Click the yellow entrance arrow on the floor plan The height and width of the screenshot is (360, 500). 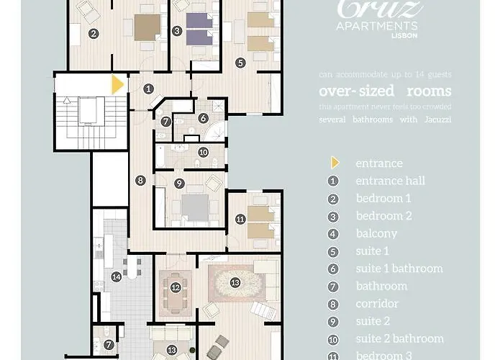coord(117,86)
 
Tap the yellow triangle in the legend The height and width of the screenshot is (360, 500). coord(335,163)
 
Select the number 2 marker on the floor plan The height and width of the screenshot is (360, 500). coord(93,33)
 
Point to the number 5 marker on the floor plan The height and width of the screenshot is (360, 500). coord(240,63)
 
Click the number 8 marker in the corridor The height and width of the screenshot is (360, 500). coord(140,180)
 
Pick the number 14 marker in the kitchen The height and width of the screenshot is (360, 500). coord(116,276)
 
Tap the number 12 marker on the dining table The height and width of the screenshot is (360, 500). coord(176,287)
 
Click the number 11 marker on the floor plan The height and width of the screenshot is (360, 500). coord(240,218)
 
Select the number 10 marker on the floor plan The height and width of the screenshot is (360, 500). coord(203,152)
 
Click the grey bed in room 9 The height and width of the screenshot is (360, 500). coord(194,208)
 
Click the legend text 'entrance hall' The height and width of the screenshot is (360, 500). coord(390,181)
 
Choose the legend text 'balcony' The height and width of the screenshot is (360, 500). coord(376,233)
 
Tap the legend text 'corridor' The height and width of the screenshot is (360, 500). coord(377,304)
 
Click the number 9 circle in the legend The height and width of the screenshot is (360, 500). coord(333,321)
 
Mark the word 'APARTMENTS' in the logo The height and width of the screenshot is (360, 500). coord(378,25)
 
